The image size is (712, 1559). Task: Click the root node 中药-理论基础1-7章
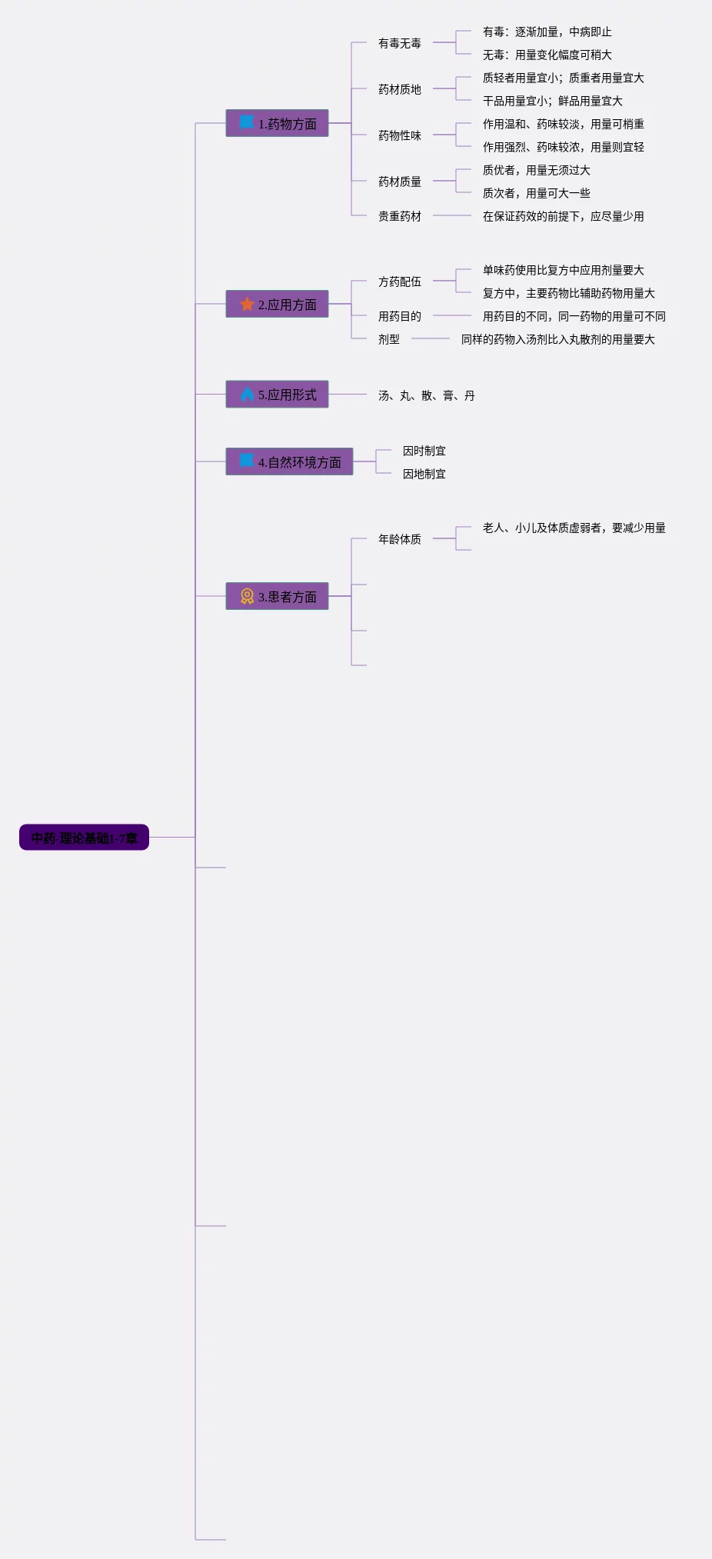click(84, 838)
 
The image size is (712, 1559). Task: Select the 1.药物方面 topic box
click(277, 123)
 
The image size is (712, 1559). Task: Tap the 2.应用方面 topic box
click(277, 304)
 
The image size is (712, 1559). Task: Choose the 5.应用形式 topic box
click(277, 395)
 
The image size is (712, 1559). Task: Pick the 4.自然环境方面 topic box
click(289, 461)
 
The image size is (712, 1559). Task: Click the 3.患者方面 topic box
click(277, 596)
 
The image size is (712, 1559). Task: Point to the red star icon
click(247, 304)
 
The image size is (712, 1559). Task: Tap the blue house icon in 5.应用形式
click(247, 395)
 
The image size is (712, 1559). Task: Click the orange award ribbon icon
click(247, 596)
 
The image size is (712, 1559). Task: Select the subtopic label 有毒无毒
click(399, 43)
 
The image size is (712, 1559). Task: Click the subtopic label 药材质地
click(399, 89)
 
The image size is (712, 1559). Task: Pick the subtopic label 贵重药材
click(399, 216)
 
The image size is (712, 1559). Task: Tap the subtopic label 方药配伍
click(399, 281)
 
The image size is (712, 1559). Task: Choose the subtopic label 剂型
click(388, 339)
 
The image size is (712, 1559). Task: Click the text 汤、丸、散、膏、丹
click(426, 395)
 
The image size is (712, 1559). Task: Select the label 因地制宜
click(424, 474)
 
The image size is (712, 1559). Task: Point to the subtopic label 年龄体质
click(399, 539)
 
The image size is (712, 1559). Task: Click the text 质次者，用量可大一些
click(536, 193)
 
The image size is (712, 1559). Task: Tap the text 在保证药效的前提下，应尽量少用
click(563, 216)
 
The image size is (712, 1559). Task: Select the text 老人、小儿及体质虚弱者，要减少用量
click(574, 528)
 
